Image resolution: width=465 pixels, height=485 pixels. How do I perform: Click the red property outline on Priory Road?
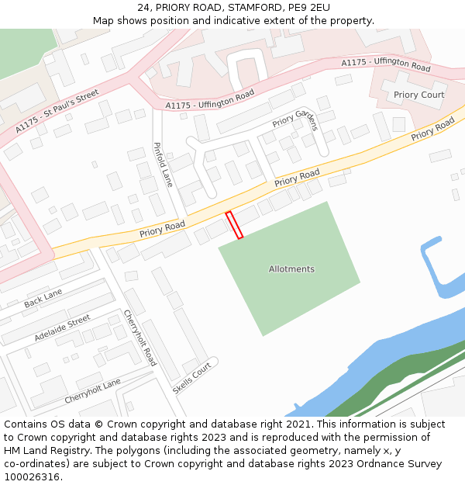pos(234,224)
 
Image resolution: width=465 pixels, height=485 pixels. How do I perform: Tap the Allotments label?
pos(291,269)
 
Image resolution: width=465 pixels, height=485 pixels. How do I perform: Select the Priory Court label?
pos(418,95)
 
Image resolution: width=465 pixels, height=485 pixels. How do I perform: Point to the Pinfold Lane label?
pos(163,165)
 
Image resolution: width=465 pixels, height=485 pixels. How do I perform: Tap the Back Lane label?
pos(43,298)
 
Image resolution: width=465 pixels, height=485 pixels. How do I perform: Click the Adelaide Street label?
pos(62,328)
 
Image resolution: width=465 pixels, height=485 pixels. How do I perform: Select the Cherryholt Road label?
pos(140,338)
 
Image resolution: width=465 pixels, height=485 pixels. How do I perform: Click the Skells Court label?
pos(191,378)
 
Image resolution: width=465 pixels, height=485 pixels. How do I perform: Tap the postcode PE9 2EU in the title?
pos(309,7)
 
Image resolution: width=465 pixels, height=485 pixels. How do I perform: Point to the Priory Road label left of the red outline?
pos(162,229)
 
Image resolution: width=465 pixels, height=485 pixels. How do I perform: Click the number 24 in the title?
pos(144,7)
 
